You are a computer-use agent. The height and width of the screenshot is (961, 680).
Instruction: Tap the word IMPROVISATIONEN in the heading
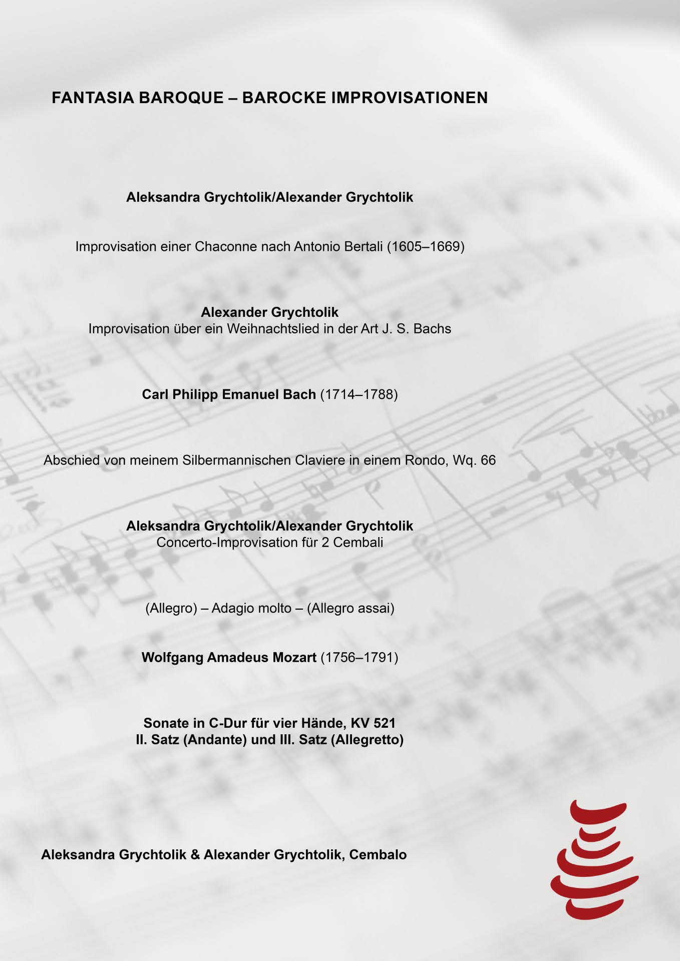tap(410, 98)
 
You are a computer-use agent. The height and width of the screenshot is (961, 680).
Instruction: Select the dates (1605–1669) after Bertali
tap(426, 247)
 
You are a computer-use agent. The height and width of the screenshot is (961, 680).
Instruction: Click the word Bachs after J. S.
tap(432, 329)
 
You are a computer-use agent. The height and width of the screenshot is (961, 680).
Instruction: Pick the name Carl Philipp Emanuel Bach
tap(229, 394)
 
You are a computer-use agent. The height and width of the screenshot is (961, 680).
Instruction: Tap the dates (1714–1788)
tap(359, 394)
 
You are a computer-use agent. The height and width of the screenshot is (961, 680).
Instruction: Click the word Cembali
tap(358, 543)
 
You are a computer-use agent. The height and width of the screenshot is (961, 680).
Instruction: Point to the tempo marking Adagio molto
tap(251, 609)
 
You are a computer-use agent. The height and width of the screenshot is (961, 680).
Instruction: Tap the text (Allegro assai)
tap(351, 609)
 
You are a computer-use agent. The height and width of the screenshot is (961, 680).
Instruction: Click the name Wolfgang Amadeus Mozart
tap(229, 658)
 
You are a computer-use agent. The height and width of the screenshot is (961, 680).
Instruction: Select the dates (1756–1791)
tap(360, 658)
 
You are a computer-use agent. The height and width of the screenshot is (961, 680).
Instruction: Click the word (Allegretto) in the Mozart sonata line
tap(367, 740)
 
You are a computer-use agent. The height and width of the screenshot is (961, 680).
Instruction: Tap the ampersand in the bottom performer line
tap(195, 855)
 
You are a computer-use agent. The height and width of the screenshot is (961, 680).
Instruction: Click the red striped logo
tap(594, 859)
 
